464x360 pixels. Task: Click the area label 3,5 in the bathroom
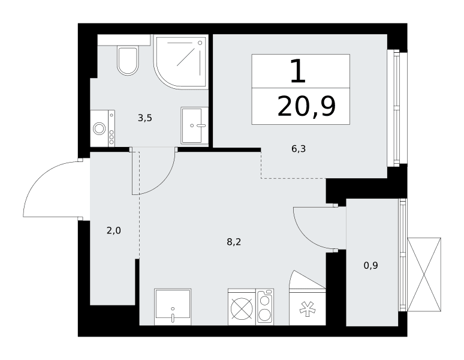pos(145,118)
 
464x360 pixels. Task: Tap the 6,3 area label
pos(299,149)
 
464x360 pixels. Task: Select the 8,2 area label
pos(234,242)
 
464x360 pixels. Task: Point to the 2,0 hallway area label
pos(114,230)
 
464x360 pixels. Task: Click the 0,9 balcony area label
pos(371,266)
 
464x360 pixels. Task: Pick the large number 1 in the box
pos(298,71)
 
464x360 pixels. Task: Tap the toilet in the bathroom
pos(128,61)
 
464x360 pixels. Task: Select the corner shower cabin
pos(181,62)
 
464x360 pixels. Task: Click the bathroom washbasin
pos(193,125)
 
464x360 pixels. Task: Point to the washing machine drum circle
pos(99,129)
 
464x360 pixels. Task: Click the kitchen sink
pos(173,307)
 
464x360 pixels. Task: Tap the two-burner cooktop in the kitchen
pos(266,307)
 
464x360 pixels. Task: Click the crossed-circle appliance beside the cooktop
pos(242,308)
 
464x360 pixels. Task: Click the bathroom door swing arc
pos(163,181)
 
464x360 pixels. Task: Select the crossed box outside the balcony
pos(424,274)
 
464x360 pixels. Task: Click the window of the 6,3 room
pos(396,109)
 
